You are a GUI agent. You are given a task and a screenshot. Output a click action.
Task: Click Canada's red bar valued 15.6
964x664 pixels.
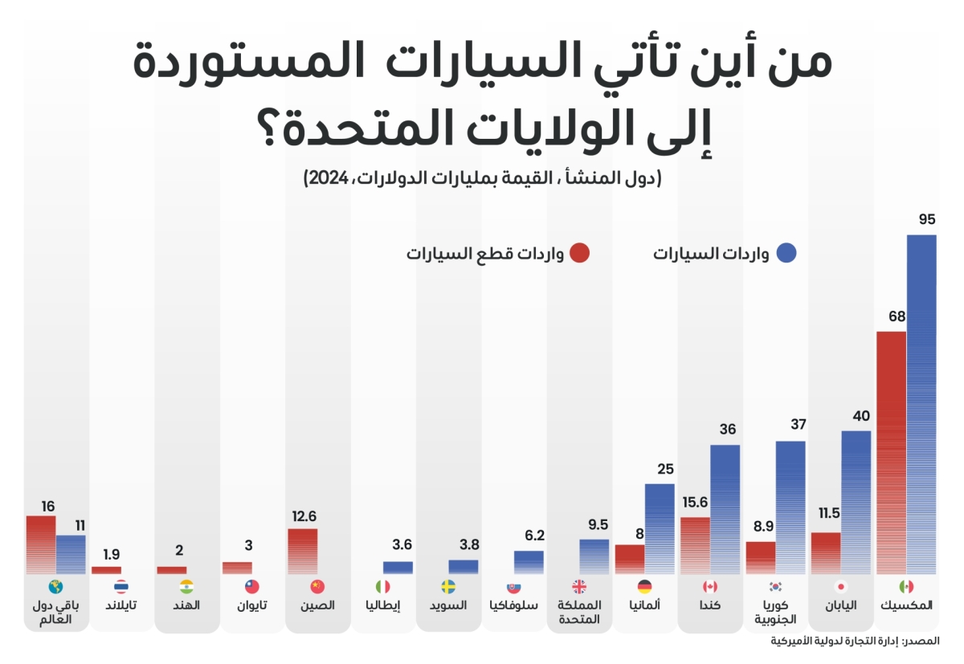point(695,545)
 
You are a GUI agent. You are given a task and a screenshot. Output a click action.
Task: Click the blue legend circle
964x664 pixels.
point(787,254)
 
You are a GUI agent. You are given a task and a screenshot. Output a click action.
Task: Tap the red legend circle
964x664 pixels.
point(580,254)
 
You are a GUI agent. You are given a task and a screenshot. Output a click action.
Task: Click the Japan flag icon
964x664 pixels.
point(841,587)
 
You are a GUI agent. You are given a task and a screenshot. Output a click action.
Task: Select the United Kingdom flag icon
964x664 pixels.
point(579,587)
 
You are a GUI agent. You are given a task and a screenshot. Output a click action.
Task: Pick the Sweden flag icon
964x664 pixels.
point(448,587)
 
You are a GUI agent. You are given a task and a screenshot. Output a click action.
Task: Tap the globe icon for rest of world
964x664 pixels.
point(55,587)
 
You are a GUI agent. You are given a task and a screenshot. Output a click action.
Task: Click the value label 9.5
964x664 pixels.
point(598,525)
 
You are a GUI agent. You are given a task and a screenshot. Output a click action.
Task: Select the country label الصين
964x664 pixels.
point(317,605)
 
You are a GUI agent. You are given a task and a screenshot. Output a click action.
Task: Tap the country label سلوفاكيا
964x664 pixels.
point(514,605)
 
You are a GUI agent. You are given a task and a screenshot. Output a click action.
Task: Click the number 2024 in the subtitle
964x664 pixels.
point(321,177)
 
